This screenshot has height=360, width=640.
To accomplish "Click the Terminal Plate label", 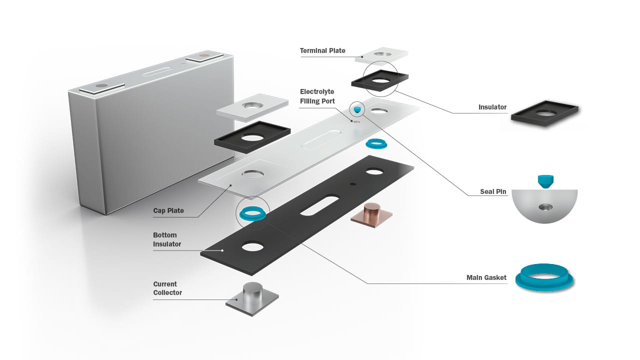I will [x=322, y=50].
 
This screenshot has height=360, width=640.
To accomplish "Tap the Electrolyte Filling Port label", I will [x=316, y=96].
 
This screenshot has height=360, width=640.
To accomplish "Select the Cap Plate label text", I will [x=168, y=210].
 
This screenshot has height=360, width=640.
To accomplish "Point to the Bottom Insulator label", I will [x=167, y=239].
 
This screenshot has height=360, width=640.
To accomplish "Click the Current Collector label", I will [x=167, y=288].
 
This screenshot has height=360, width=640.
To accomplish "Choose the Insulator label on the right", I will [x=492, y=107].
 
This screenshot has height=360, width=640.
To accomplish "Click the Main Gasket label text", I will [x=486, y=277].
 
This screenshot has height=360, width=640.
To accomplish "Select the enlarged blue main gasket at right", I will [x=544, y=276].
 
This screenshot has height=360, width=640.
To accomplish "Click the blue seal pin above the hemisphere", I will [x=544, y=180].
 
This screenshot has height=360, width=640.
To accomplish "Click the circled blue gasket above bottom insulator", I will [x=252, y=213].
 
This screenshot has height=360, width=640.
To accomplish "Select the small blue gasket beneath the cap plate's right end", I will [x=377, y=144].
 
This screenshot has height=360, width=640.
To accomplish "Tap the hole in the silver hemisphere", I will [x=544, y=206].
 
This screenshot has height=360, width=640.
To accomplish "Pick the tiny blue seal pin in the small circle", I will [x=356, y=109].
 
